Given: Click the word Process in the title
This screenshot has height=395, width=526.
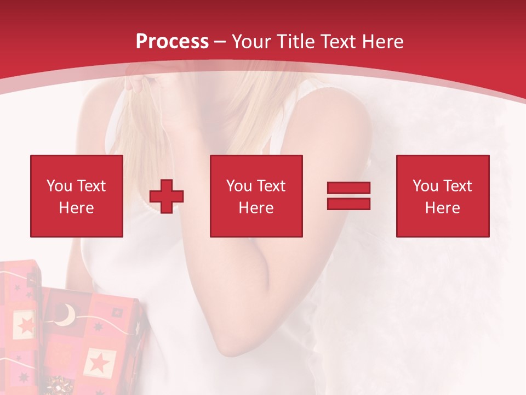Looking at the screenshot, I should click(172, 42).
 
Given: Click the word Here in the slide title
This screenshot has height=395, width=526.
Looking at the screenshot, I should click(384, 42).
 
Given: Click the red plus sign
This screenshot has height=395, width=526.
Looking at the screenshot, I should click(167, 196).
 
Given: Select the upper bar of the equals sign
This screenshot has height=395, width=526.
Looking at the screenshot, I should click(348, 188).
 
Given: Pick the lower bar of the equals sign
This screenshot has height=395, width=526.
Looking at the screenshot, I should click(348, 204).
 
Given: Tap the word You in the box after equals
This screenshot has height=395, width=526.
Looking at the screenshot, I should click(425, 186).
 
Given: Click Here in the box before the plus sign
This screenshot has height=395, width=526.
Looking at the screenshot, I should click(76, 208).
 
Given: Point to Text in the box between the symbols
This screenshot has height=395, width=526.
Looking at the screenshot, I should click(271, 186).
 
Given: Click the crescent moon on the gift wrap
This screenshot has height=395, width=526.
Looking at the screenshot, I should click(67, 315).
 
